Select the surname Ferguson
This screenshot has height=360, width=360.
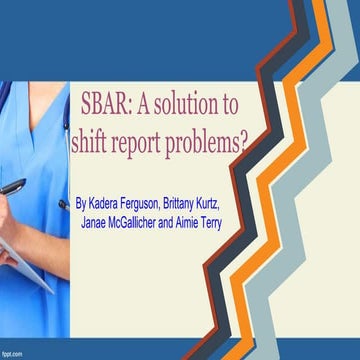click(x=161, y=203)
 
